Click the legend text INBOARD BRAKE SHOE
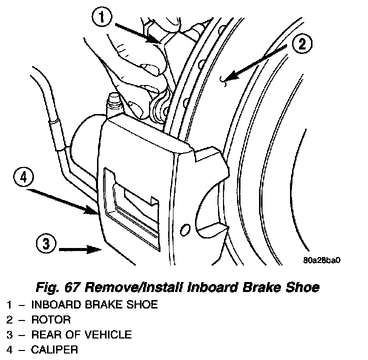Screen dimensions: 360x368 click(94, 304)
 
